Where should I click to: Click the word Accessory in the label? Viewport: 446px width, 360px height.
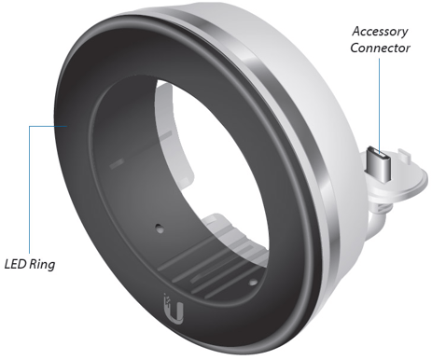pos(380,32)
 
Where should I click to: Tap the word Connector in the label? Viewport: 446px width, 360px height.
pos(380,48)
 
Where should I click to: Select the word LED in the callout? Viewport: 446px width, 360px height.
pos(15,264)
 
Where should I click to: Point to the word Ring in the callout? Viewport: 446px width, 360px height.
pos(42,265)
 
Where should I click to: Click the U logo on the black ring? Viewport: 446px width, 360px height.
pos(174,310)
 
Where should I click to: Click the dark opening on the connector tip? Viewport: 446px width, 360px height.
pos(378,152)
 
